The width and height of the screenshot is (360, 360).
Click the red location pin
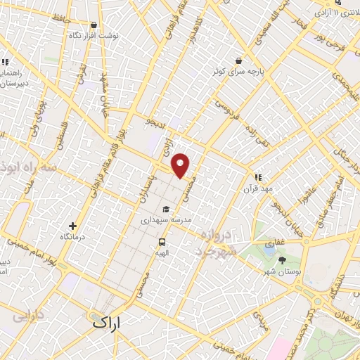pos(181,165)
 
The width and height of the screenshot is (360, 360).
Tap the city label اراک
pos(106,323)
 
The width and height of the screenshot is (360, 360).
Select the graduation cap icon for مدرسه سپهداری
pos(166,209)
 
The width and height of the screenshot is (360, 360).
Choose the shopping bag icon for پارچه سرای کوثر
pos(240,60)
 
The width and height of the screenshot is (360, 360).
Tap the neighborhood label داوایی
pos(24,315)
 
